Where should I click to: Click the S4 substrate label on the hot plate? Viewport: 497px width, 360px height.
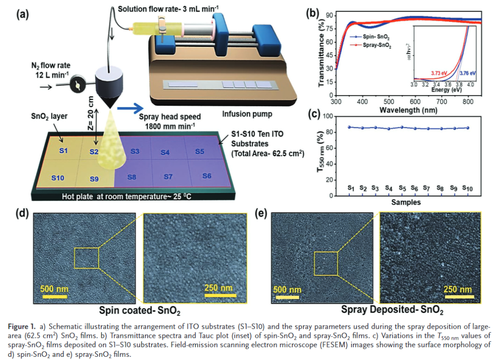click(x=165, y=153)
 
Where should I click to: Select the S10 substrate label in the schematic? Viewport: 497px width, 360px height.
click(x=57, y=177)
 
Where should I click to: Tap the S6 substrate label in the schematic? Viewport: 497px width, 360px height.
click(x=206, y=176)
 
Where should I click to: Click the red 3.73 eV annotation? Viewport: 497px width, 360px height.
click(x=440, y=73)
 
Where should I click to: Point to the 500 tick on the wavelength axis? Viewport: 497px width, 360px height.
click(x=389, y=102)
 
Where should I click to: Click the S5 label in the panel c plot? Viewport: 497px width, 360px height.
click(x=402, y=188)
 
